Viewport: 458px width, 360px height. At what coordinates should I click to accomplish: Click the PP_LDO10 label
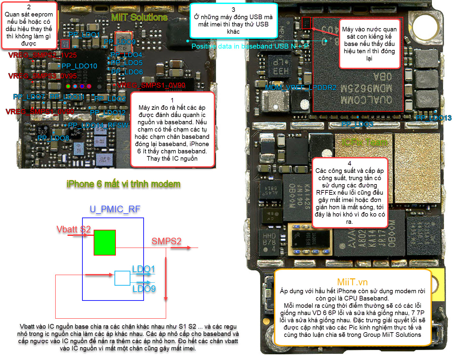tap(79, 66)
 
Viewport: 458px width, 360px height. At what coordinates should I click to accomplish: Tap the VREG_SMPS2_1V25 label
tap(42, 55)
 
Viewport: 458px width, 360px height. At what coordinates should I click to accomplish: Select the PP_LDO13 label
tap(434, 118)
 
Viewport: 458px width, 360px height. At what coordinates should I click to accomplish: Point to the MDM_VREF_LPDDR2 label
tap(301, 88)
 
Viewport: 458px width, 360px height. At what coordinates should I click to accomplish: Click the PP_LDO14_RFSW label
tap(98, 125)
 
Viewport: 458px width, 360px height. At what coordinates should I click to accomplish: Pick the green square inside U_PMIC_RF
tap(105, 243)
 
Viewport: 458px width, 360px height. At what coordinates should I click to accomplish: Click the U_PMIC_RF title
tap(115, 209)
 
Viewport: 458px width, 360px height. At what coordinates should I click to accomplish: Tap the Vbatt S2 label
tap(73, 229)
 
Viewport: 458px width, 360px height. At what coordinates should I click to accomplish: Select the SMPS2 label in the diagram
tap(166, 241)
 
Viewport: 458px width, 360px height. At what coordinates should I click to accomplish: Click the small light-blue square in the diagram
tap(122, 278)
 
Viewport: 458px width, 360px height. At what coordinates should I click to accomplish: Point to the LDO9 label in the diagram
tap(144, 289)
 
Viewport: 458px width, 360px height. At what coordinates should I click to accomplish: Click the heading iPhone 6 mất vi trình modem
tap(123, 184)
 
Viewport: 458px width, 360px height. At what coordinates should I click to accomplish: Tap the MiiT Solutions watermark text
tap(139, 17)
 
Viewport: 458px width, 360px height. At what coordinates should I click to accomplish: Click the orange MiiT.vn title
tap(352, 282)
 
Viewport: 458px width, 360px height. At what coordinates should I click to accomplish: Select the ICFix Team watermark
tap(365, 142)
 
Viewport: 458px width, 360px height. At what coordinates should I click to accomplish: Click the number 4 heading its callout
tap(349, 163)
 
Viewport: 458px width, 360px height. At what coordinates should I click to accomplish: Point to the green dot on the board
tap(68, 86)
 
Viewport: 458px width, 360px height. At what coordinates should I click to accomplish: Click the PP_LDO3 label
tap(357, 124)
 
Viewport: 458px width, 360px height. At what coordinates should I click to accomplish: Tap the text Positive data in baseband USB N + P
tap(250, 46)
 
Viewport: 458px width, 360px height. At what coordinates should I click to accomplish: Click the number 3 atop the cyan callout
tap(233, 10)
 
